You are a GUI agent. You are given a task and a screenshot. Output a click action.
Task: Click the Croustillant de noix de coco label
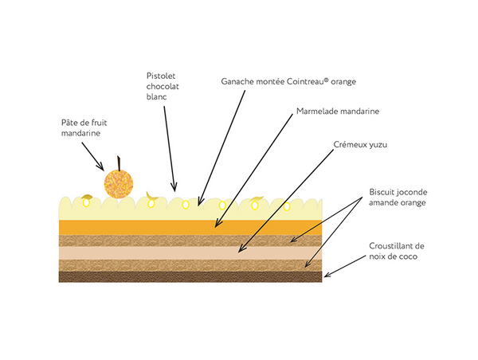398,251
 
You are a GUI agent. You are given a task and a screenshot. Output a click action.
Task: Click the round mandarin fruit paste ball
116,182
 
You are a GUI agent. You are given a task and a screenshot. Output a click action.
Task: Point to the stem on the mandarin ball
120,162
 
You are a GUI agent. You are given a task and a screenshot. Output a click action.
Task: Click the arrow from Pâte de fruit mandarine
92,155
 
